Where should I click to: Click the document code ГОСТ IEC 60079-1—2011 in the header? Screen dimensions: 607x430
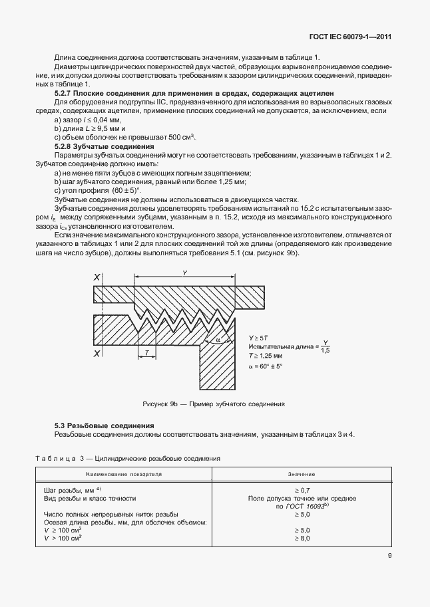tap(349, 37)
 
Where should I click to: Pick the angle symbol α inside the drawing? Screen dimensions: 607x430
tap(218, 340)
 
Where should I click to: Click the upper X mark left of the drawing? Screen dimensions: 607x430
tap(97, 276)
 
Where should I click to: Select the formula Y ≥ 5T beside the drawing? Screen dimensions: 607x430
tap(260, 337)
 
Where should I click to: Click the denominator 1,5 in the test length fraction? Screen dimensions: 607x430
tap(325, 350)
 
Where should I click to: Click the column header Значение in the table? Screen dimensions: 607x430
tap(301, 475)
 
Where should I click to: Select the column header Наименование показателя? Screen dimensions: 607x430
tap(124, 475)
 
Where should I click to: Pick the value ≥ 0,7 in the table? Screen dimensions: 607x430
tap(301, 489)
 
